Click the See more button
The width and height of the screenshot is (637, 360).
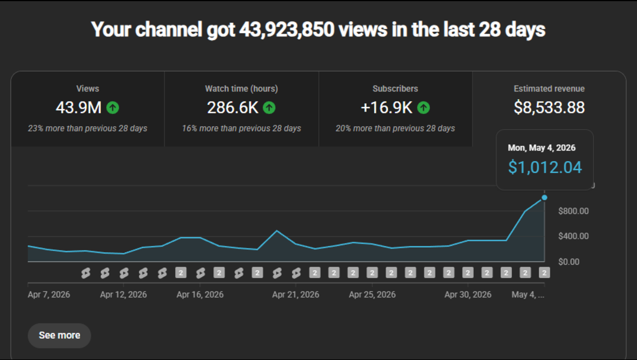[60, 336]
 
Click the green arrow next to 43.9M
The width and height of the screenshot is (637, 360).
[113, 107]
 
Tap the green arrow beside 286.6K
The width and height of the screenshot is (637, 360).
[269, 107]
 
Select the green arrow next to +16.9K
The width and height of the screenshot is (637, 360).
[423, 107]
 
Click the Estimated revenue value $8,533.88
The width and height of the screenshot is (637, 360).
[549, 107]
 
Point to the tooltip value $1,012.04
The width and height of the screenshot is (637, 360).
[545, 168]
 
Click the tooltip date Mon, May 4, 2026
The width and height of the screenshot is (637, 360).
[541, 148]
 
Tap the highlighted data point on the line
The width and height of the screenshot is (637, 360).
[544, 198]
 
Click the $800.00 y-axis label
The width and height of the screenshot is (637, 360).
[573, 211]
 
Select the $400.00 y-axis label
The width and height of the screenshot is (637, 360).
[573, 236]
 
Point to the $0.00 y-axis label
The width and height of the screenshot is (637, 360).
[569, 261]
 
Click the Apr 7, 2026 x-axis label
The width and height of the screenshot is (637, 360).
[49, 294]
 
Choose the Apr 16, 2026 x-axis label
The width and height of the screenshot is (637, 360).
[200, 294]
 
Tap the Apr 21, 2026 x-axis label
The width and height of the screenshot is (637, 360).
[295, 294]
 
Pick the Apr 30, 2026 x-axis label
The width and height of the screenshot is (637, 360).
[468, 294]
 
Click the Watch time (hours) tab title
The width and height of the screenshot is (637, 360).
[241, 89]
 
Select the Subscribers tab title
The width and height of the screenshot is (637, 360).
[395, 89]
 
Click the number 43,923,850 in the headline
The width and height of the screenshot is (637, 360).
[287, 30]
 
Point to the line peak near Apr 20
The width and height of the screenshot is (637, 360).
[277, 231]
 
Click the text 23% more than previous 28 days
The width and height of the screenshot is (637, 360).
[87, 129]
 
